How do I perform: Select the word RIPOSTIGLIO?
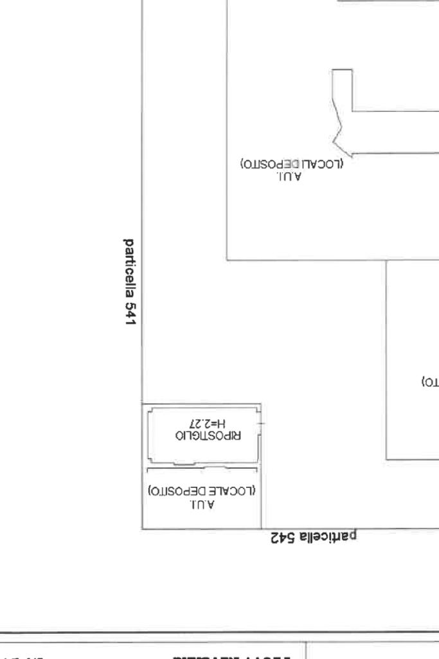pos(207,435)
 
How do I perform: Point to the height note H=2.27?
pos(208,424)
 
